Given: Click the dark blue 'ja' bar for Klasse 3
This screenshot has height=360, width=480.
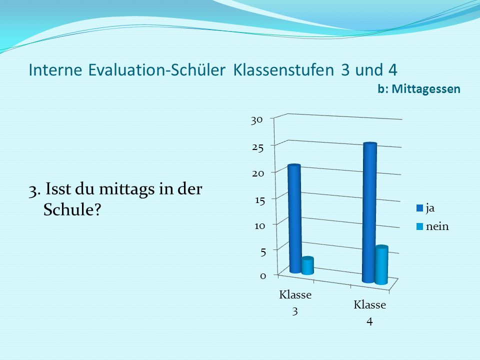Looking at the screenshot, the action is [295, 218].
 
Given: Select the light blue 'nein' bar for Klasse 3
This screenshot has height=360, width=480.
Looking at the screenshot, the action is [307, 265].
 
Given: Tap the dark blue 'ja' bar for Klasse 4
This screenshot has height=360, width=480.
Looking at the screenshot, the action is [369, 213].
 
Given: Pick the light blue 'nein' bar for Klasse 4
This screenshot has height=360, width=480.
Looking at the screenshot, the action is [381, 265].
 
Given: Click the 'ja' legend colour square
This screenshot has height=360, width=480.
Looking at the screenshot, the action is [419, 208].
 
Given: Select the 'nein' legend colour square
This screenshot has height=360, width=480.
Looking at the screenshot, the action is [419, 226].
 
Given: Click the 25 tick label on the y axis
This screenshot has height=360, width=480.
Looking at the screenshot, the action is [258, 147].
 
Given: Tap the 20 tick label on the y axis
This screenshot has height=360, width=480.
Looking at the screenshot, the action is [258, 173].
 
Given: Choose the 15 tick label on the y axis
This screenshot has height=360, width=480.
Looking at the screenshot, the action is [260, 200].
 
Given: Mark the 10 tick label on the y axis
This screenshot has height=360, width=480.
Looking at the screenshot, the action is [260, 226].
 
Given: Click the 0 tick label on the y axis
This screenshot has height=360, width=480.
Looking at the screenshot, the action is [263, 276].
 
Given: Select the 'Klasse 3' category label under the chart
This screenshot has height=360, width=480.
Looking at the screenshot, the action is [295, 302].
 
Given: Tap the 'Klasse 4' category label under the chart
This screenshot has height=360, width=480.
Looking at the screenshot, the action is [370, 313].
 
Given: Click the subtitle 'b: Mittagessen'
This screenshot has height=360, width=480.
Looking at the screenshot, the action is [419, 89].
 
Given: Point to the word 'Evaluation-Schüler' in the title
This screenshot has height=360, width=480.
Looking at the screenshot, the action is [156, 70].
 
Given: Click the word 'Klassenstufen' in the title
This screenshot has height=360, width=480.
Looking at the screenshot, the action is [283, 70].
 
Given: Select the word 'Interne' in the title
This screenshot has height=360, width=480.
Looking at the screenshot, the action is [55, 70].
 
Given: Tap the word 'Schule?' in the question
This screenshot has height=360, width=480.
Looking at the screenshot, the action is [72, 209].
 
